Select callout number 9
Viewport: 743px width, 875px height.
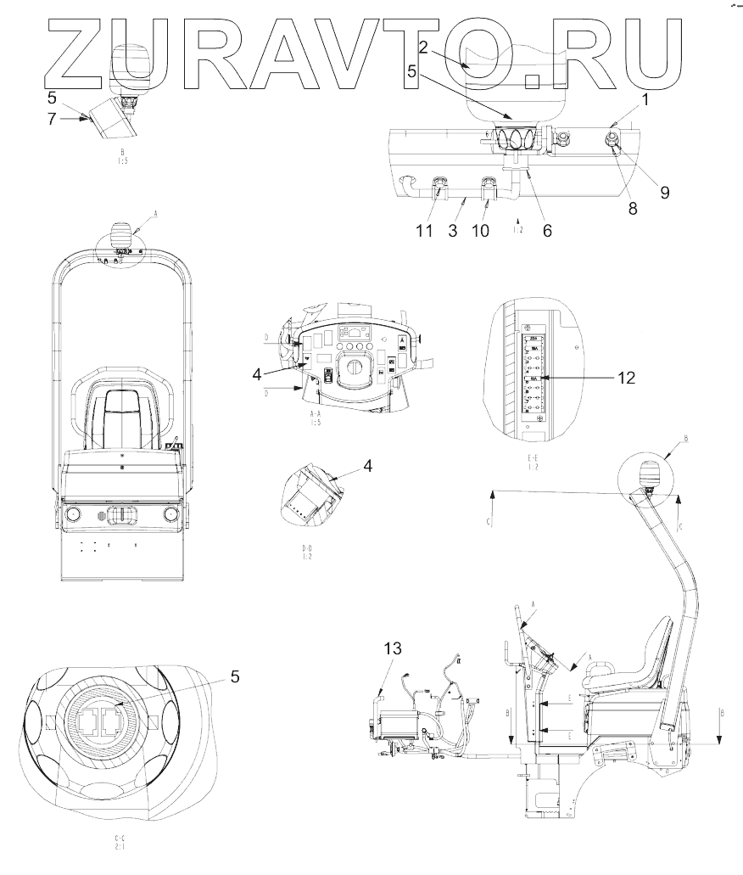pos(664,193)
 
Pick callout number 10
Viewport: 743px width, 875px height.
pos(480,230)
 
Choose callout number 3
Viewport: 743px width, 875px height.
pos(453,230)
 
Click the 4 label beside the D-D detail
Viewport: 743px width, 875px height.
pos(368,465)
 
